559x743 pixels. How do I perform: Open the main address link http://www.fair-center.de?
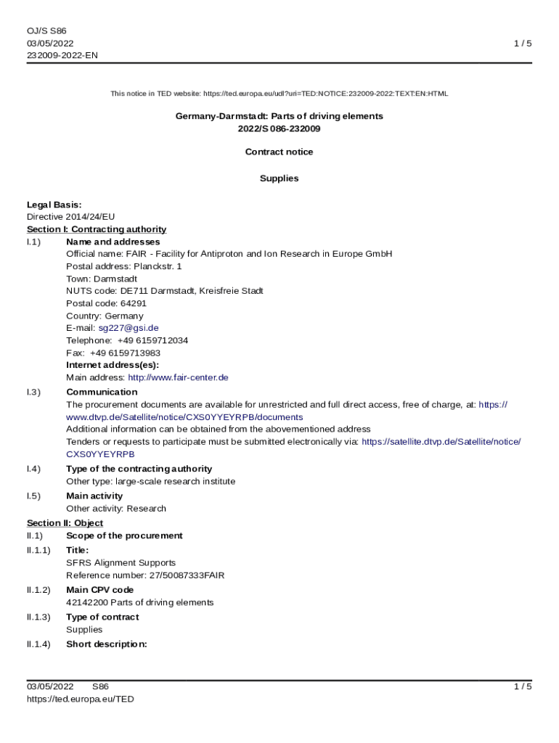coord(178,377)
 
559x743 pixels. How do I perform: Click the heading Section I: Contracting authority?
coord(97,229)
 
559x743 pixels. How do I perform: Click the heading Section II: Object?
coord(65,523)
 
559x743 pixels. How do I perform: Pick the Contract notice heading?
coord(279,152)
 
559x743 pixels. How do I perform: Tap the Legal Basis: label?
coord(54,205)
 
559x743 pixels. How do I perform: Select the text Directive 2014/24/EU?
coord(70,217)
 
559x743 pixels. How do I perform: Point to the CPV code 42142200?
coord(86,602)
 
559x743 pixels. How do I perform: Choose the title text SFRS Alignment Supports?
coord(121,563)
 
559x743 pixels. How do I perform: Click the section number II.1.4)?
coord(38,644)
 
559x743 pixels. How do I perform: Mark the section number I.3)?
coord(33,392)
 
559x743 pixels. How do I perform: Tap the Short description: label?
coord(107,644)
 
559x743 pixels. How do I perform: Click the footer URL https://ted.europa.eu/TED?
coord(81,699)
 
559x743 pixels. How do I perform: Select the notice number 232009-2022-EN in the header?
coord(62,55)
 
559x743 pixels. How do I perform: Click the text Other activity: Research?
coord(115,509)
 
